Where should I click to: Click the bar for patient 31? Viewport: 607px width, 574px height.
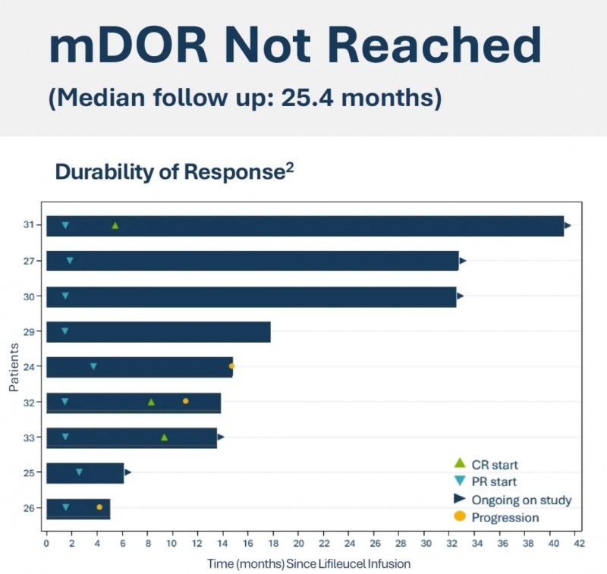pyautogui.click(x=303, y=226)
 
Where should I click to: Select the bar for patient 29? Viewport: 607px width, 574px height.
pyautogui.click(x=158, y=332)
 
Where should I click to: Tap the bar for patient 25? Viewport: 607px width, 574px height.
pyautogui.click(x=84, y=473)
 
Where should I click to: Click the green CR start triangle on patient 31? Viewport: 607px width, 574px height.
pyautogui.click(x=115, y=226)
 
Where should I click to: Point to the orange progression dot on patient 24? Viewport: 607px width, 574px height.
pyautogui.click(x=232, y=366)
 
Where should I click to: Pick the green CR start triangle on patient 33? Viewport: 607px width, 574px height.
pyautogui.click(x=164, y=438)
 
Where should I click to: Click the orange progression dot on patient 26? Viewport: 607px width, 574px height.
pyautogui.click(x=99, y=507)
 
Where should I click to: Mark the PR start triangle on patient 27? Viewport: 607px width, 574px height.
pyautogui.click(x=70, y=261)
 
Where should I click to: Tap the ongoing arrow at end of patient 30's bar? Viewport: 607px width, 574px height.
pyautogui.click(x=460, y=296)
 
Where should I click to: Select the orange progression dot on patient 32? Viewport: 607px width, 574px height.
pyautogui.click(x=185, y=401)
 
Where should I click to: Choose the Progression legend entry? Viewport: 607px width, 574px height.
pyautogui.click(x=505, y=518)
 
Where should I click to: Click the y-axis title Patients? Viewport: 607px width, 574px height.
pyautogui.click(x=14, y=365)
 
